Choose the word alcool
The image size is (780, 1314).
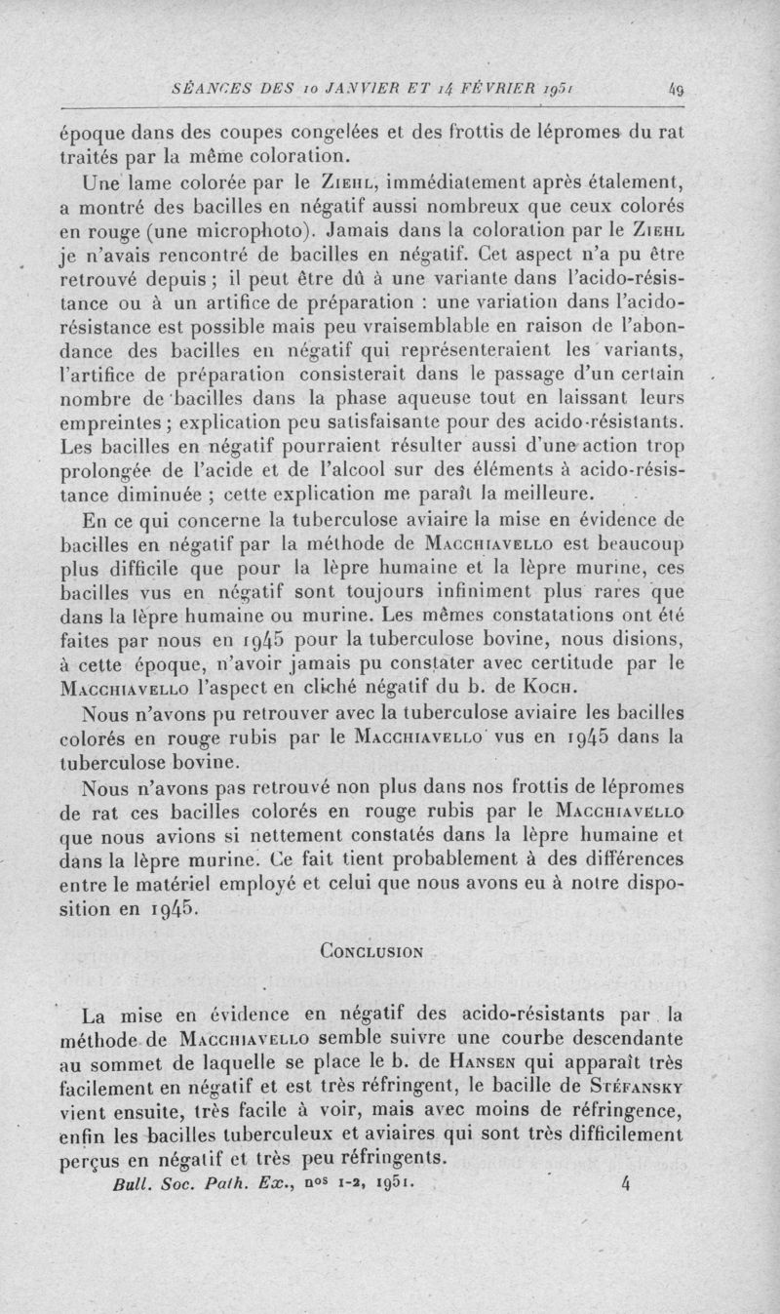360,469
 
